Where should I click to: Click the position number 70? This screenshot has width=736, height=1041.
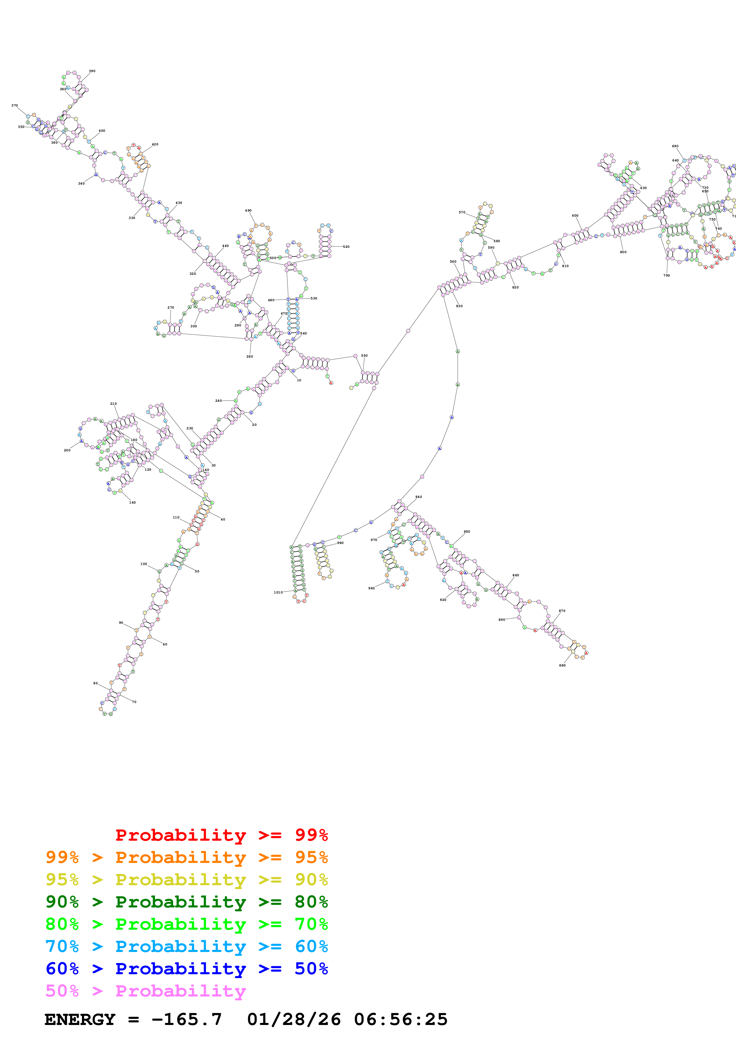[x=134, y=702]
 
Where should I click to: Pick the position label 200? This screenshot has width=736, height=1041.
[x=67, y=450]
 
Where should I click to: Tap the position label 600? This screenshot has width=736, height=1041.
[x=575, y=216]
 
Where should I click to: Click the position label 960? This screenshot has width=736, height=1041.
[x=371, y=588]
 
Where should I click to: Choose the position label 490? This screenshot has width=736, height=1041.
[x=248, y=211]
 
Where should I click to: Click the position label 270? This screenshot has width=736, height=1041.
[x=170, y=308]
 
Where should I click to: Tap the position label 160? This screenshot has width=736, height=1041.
[x=132, y=503]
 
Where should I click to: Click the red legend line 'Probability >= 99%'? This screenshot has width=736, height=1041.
[x=221, y=835]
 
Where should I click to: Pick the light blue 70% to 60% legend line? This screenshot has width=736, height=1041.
[x=186, y=946]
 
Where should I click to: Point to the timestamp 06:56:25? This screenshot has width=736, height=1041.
[x=401, y=1019]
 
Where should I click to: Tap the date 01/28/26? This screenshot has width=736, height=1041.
[x=294, y=1019]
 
